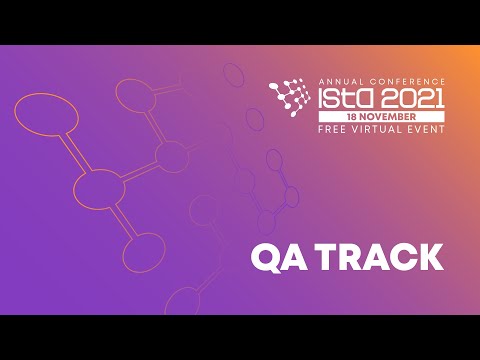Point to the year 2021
[412, 98]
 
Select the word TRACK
[381, 257]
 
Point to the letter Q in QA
[264, 257]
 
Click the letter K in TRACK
[430, 257]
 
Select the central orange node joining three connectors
[100, 187]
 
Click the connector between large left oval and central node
[73, 151]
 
